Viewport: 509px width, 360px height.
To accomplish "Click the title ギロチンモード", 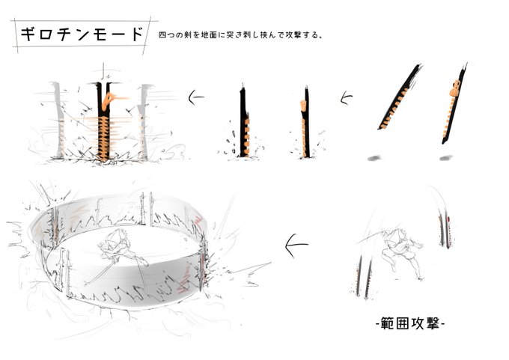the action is [x=82, y=34].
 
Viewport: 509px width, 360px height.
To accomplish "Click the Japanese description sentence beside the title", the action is [x=240, y=35].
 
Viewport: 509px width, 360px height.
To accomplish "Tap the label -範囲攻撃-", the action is [x=410, y=323].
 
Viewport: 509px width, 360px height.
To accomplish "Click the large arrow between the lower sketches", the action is [x=296, y=245].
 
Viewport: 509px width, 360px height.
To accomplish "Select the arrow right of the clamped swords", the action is [x=196, y=97].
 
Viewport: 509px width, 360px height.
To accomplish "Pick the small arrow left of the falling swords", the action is [x=346, y=98].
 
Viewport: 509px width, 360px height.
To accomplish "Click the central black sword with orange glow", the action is [x=103, y=122].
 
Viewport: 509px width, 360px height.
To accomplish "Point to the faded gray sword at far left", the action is [x=58, y=120].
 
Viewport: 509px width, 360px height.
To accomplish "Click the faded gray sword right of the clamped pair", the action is [x=144, y=122].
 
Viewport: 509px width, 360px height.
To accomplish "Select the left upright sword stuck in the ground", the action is [x=244, y=123].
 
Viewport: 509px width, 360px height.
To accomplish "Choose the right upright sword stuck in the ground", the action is [x=305, y=123].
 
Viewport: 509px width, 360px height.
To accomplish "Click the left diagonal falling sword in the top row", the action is [x=399, y=97].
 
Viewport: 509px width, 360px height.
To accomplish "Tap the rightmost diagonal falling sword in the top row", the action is [x=454, y=104].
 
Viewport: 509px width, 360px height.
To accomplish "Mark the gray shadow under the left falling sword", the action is [x=375, y=159].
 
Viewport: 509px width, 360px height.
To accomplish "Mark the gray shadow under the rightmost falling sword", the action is [x=445, y=158].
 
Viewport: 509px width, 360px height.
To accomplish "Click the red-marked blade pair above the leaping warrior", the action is [x=445, y=228].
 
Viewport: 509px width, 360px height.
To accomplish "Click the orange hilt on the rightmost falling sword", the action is [x=456, y=88].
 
